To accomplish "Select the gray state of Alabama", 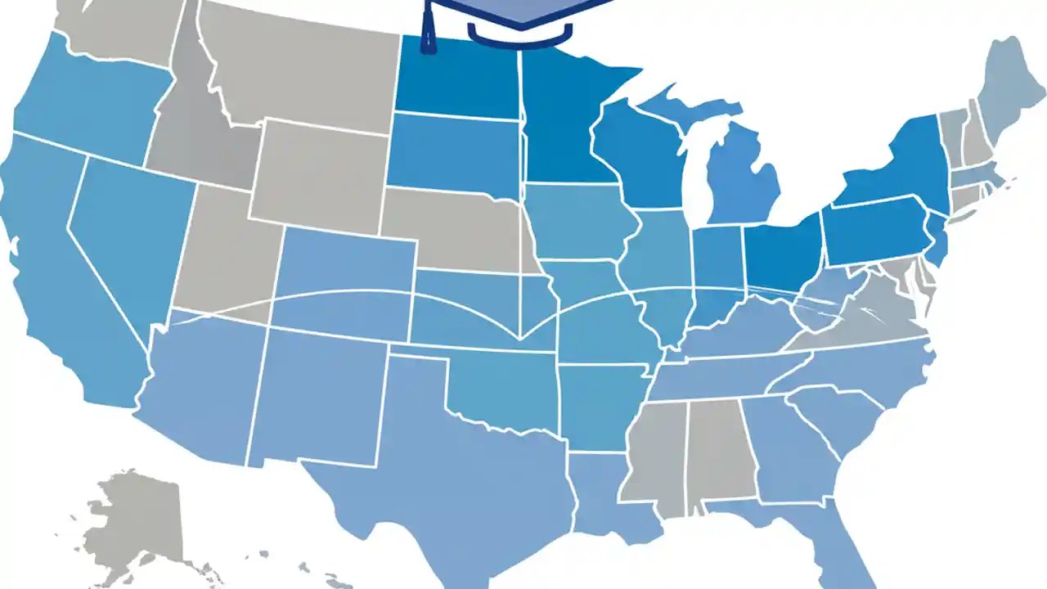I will pyautogui.click(x=720, y=450).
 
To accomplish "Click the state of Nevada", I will pyautogui.click(x=131, y=237).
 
